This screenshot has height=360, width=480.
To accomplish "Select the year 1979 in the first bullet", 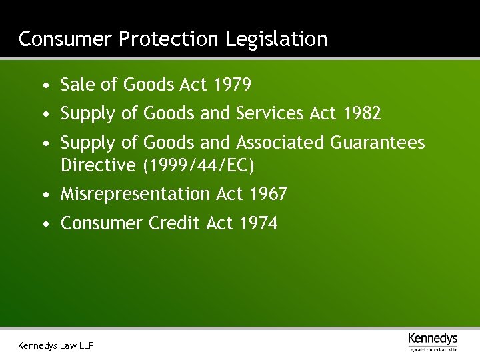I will point(232,85).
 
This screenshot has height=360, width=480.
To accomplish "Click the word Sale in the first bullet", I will point(76,85).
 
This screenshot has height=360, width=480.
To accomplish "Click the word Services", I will point(270,114).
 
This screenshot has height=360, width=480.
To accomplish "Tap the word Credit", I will point(174,223).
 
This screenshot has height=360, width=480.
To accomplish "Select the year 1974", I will point(258,223).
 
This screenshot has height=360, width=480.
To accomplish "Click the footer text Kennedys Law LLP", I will point(56,345).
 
